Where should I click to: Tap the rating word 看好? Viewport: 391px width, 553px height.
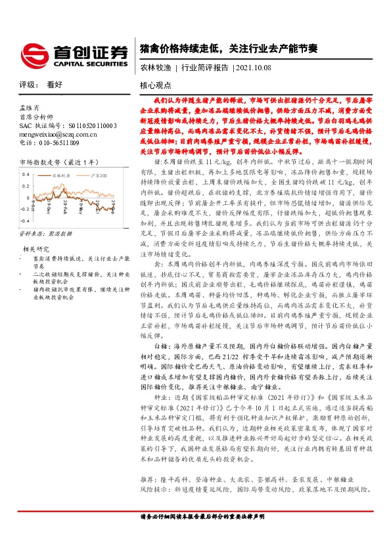(x=55, y=85)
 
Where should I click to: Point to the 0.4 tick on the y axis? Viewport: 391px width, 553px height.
(x=25, y=174)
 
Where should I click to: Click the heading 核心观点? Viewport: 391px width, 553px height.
(x=156, y=85)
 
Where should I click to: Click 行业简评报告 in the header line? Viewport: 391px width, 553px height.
(x=204, y=67)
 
